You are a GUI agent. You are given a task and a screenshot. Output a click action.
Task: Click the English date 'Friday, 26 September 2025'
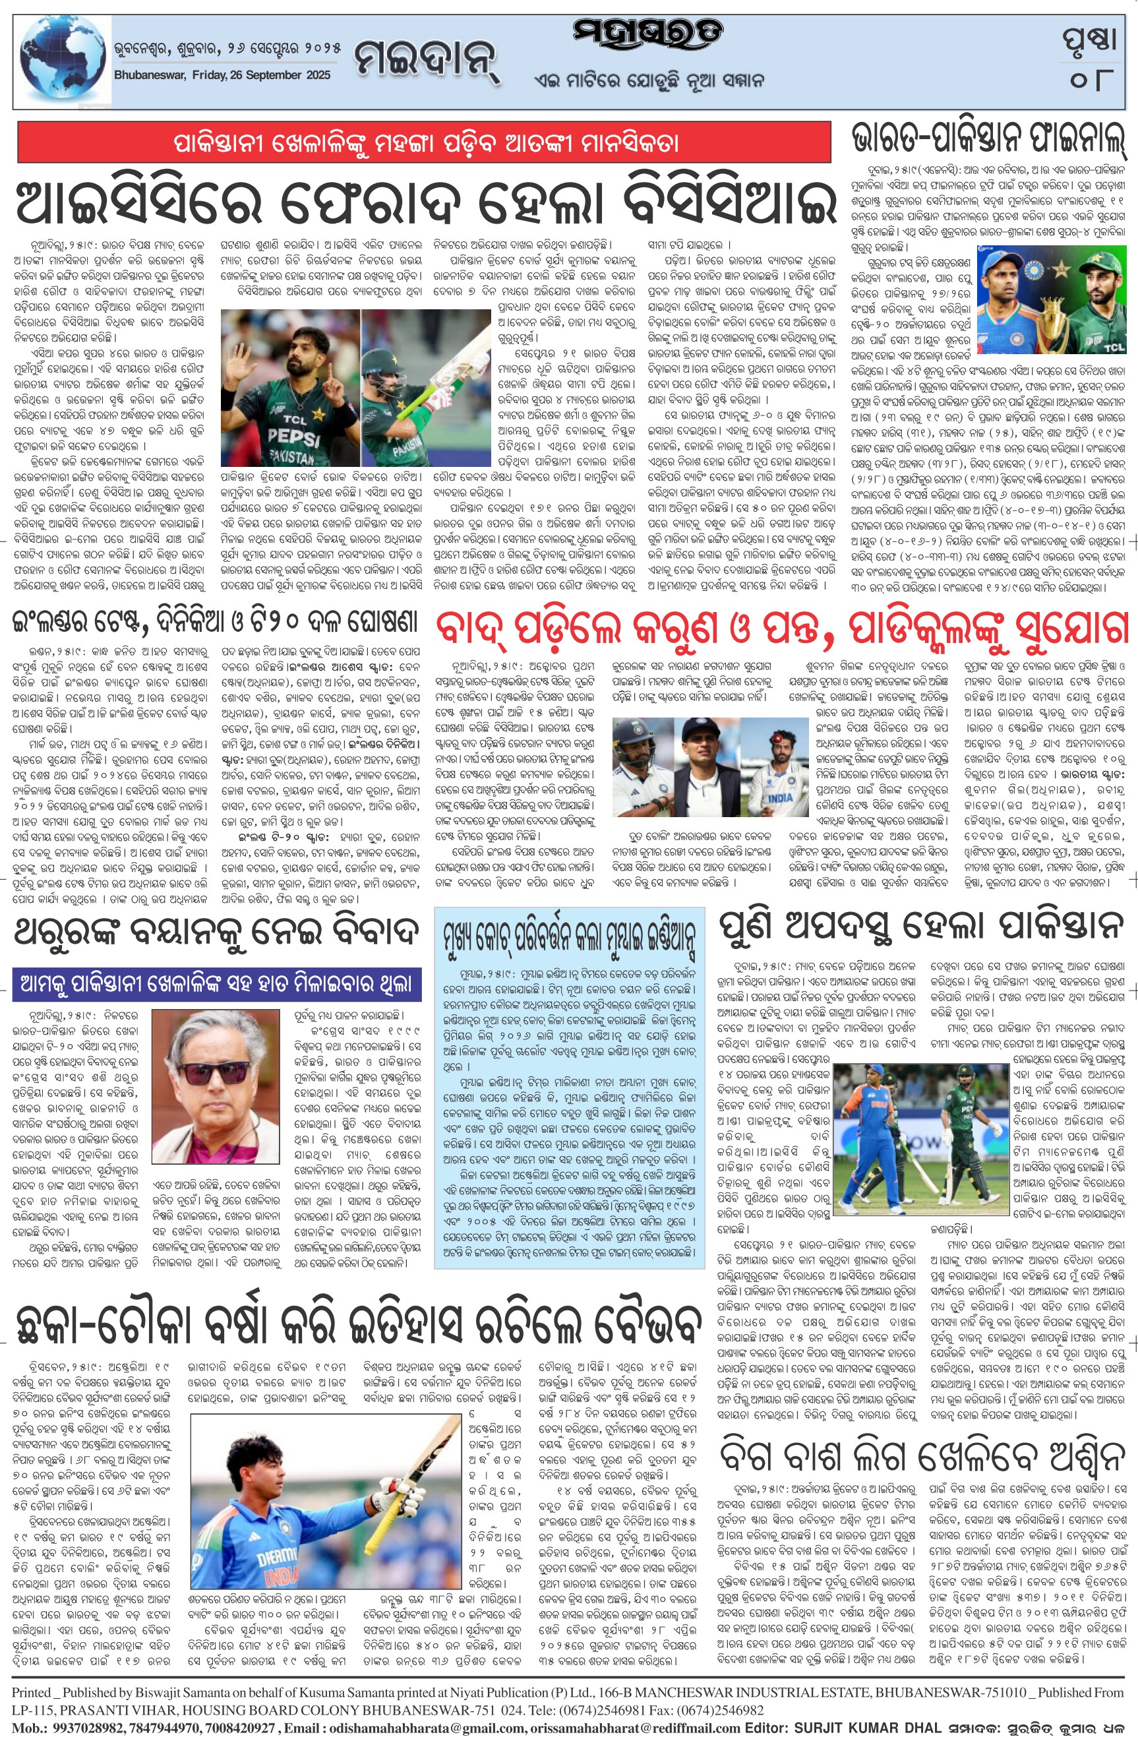(223, 75)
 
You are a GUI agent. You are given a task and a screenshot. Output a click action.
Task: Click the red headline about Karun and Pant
(781, 628)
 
